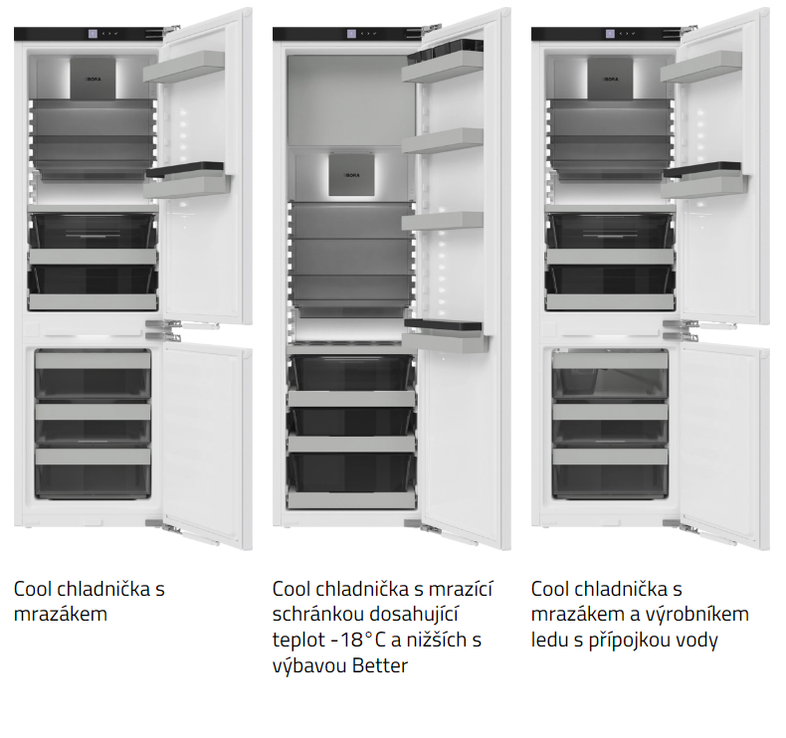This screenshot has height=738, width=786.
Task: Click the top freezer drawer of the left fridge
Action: (93, 373)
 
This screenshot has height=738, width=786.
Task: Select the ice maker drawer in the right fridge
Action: (610, 373)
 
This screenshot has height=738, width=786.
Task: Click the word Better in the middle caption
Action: (380, 666)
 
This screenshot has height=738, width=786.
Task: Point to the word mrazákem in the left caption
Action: (60, 615)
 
